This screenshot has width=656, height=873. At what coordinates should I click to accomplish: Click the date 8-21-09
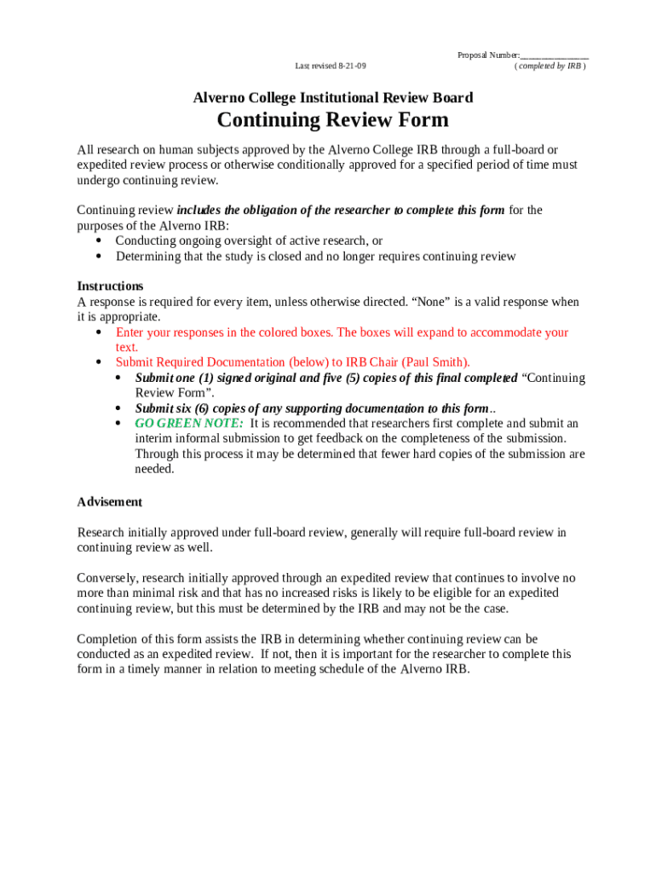click(x=352, y=66)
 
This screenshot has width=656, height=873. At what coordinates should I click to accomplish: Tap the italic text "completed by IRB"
click(x=550, y=66)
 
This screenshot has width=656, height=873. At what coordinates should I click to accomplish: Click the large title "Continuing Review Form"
click(x=332, y=120)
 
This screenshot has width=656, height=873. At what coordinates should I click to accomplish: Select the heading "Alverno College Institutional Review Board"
click(x=332, y=98)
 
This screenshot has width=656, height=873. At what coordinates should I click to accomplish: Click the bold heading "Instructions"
click(x=110, y=286)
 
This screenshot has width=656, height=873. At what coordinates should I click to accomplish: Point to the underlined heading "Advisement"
click(x=110, y=502)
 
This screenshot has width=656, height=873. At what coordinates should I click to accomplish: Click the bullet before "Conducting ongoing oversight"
click(x=98, y=241)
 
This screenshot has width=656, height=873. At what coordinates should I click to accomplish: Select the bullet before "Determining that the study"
click(x=98, y=257)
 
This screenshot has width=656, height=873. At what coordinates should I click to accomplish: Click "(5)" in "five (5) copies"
click(x=354, y=378)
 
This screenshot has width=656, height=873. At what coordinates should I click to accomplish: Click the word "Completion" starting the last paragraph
click(x=108, y=639)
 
